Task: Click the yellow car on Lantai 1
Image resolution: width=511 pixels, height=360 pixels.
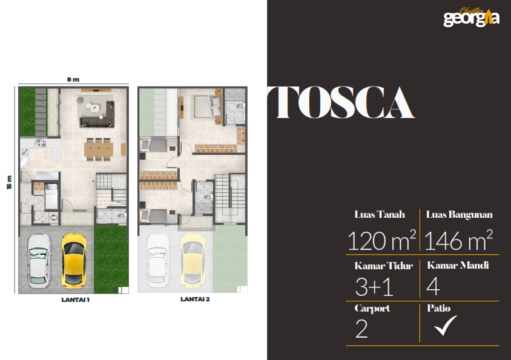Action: (74, 260)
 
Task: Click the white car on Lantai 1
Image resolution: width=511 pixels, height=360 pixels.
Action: (39, 260)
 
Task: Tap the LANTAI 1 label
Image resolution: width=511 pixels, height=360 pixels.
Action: (75, 299)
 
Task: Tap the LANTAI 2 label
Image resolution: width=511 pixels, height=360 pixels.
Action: (195, 299)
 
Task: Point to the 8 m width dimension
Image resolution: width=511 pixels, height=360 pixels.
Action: (73, 79)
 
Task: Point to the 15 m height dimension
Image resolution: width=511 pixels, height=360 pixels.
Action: (9, 182)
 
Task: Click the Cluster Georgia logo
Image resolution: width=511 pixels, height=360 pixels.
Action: (471, 18)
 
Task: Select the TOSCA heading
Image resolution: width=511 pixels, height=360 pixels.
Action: (341, 102)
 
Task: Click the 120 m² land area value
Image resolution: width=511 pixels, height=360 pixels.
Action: (381, 240)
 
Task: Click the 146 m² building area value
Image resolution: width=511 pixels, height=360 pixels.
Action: (458, 240)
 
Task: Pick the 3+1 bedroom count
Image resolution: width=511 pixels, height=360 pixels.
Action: (374, 287)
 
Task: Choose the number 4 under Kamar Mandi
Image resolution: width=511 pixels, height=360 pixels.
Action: (433, 287)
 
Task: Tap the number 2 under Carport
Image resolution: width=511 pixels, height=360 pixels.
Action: (361, 329)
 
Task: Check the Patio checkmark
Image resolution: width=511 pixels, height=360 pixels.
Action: (445, 325)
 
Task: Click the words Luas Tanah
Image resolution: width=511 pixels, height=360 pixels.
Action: (380, 214)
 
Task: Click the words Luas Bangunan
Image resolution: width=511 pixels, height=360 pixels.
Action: (459, 214)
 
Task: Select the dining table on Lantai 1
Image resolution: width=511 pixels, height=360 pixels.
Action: (99, 149)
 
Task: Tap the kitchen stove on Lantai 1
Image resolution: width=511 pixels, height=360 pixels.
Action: (41, 142)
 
